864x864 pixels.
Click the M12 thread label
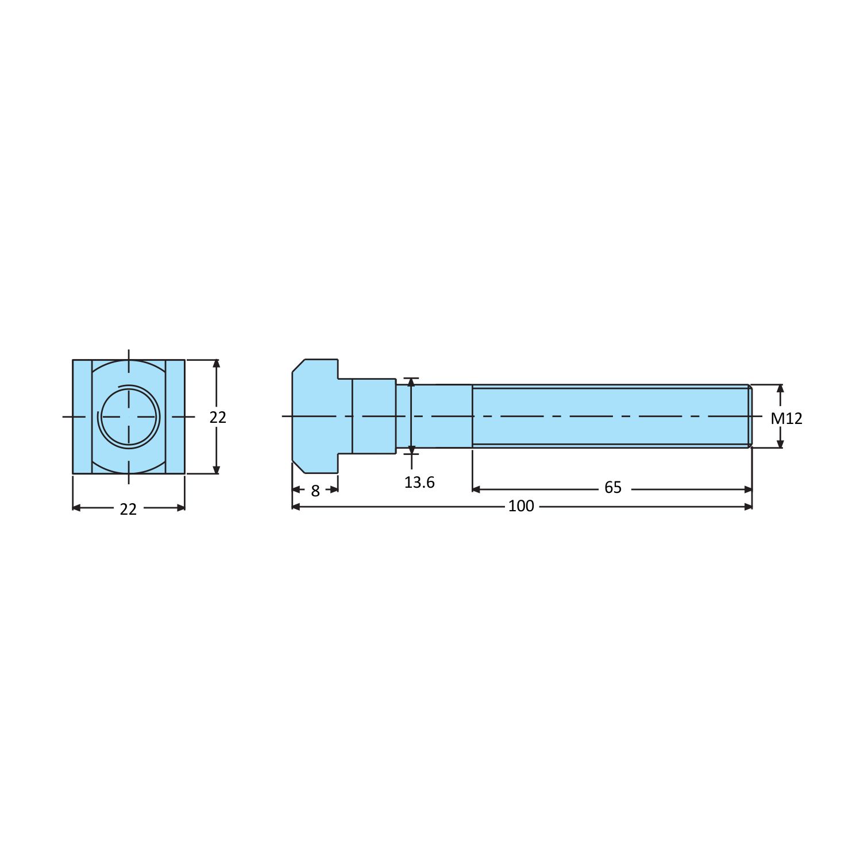pyautogui.click(x=786, y=418)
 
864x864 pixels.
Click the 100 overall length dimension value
pyautogui.click(x=521, y=506)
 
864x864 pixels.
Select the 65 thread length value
pyautogui.click(x=613, y=488)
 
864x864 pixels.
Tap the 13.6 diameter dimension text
pyautogui.click(x=419, y=483)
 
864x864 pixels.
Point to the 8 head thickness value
pyautogui.click(x=315, y=491)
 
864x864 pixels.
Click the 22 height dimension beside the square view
pyautogui.click(x=218, y=417)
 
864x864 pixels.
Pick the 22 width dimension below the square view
pyautogui.click(x=128, y=509)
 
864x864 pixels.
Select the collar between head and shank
pyautogui.click(x=374, y=416)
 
